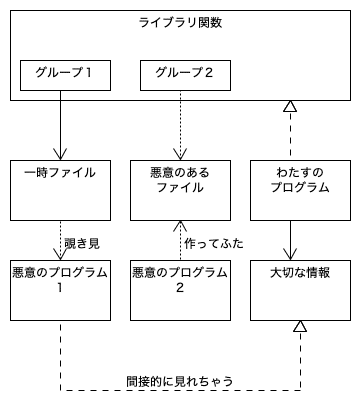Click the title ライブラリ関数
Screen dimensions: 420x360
pos(180,23)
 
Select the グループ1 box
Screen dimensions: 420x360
pos(60,74)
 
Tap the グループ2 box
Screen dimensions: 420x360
pos(180,74)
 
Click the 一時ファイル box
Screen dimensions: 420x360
pos(60,190)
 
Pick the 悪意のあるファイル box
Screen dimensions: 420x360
pos(180,190)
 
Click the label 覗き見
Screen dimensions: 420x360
pos(82,243)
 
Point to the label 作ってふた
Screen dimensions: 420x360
pos(214,243)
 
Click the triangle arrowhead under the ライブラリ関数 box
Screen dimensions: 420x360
pos(290,107)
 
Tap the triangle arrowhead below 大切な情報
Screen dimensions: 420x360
pos(299,327)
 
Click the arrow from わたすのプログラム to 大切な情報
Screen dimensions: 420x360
pos(290,240)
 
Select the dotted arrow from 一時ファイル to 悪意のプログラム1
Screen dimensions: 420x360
pos(60,240)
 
